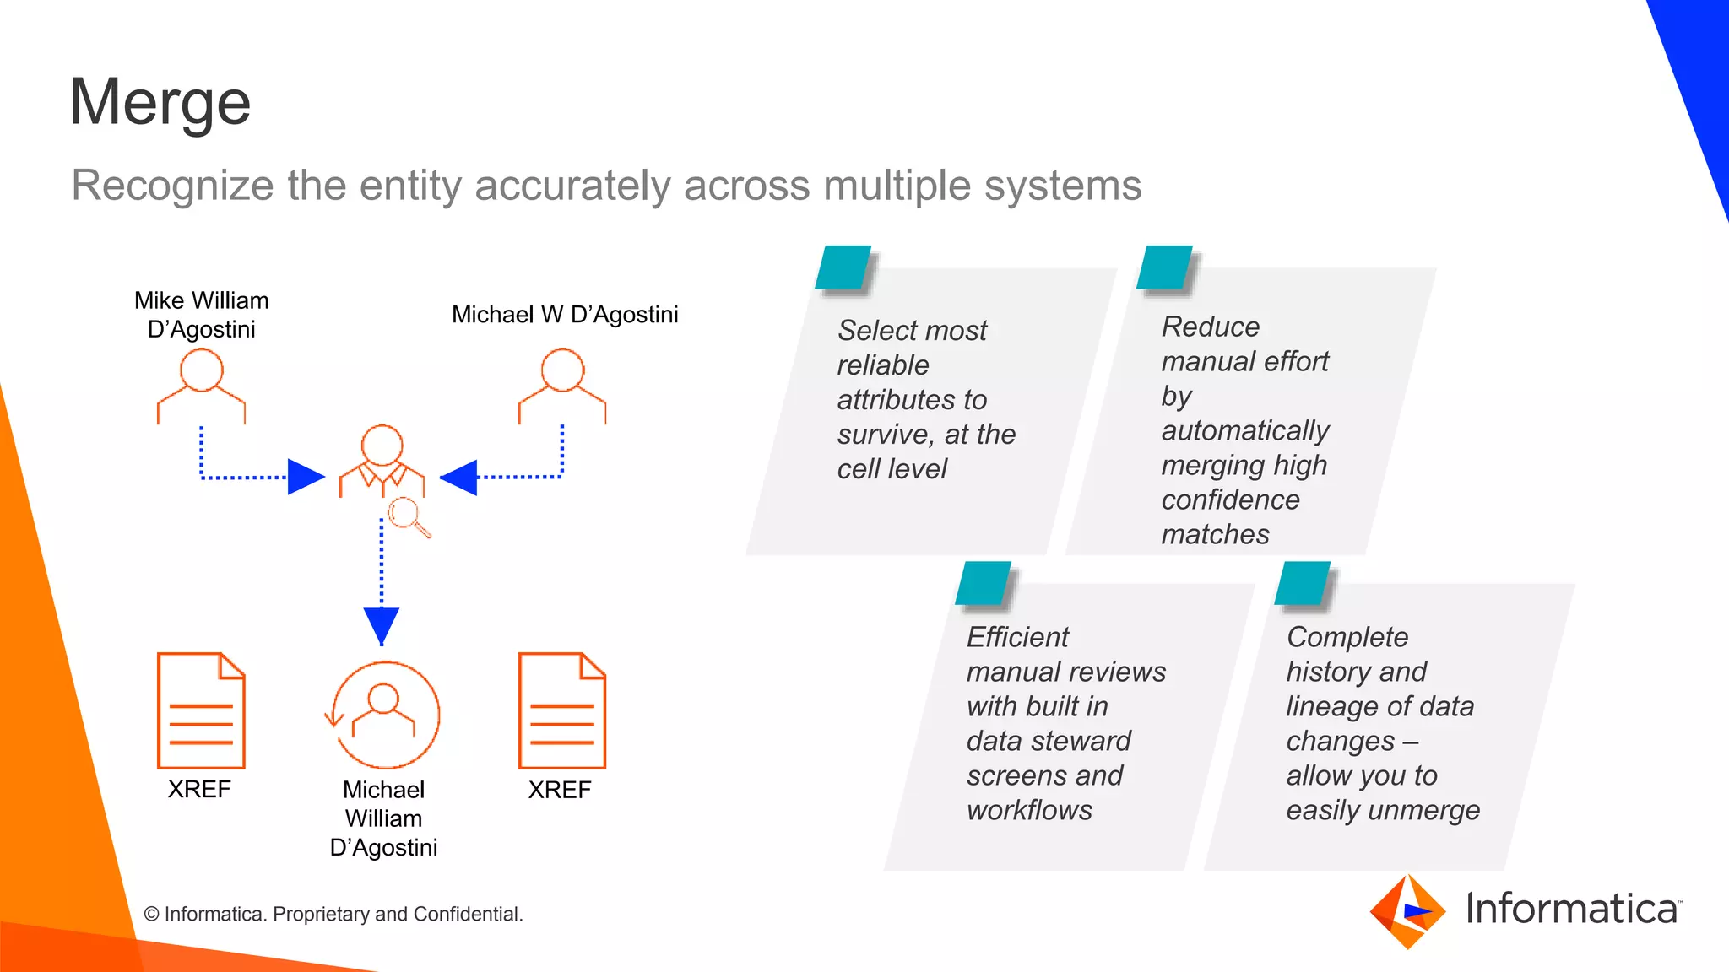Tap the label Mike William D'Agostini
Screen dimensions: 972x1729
point(201,315)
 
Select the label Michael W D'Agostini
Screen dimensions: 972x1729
point(564,315)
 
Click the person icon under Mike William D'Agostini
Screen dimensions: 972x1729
point(201,386)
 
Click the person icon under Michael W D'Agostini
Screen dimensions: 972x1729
point(562,386)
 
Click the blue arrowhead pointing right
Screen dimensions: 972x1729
point(304,477)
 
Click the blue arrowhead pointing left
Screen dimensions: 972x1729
point(460,478)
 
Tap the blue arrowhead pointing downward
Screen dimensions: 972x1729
point(382,625)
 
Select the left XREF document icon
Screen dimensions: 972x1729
point(201,710)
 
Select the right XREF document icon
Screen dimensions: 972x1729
point(562,710)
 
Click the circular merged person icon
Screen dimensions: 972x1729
point(384,714)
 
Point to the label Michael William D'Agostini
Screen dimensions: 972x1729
point(383,818)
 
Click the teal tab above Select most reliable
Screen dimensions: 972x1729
point(843,267)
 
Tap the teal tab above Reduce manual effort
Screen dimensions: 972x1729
point(1164,267)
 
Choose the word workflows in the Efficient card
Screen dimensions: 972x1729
point(1029,810)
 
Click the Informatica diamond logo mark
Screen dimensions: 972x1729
point(1407,911)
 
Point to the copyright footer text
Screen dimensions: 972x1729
point(333,914)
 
